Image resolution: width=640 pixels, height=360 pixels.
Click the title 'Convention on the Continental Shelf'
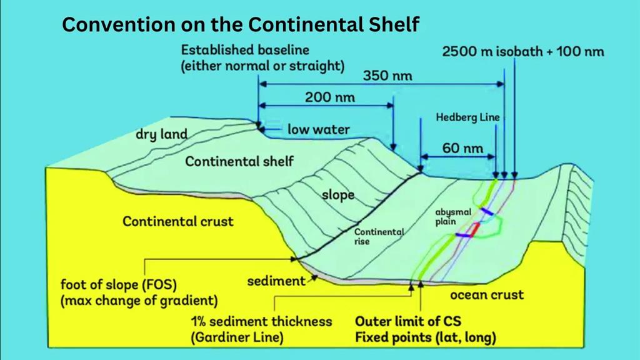[x=241, y=24]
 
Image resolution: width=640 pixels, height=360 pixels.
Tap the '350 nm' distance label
[x=387, y=76]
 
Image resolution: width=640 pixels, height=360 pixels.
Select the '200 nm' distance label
[x=330, y=97]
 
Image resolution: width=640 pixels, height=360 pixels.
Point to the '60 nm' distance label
[x=462, y=148]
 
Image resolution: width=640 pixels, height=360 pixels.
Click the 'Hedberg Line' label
[x=467, y=117]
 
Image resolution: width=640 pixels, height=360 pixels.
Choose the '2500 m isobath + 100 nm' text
[x=523, y=51]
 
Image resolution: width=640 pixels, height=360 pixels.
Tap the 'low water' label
[x=318, y=129]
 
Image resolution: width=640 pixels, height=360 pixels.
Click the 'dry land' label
[x=161, y=134]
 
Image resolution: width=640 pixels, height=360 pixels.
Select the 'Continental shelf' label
[x=239, y=161]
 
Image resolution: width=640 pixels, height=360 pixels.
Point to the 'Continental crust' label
[x=178, y=221]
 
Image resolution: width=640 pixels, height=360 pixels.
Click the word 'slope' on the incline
[x=338, y=195]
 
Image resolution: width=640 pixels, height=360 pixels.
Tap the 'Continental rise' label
[x=379, y=236]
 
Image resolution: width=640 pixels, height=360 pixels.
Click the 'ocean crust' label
[x=486, y=295]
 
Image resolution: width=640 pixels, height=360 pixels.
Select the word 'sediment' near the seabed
[x=276, y=281]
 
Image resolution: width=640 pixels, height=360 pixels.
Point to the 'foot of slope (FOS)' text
[x=118, y=284]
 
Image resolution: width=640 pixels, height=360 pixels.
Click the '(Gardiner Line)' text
[x=237, y=337]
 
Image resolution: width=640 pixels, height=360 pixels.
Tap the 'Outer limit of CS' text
[x=407, y=321]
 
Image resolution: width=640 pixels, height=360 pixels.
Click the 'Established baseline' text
[x=245, y=50]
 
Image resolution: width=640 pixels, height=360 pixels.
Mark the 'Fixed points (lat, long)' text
[x=425, y=337]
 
